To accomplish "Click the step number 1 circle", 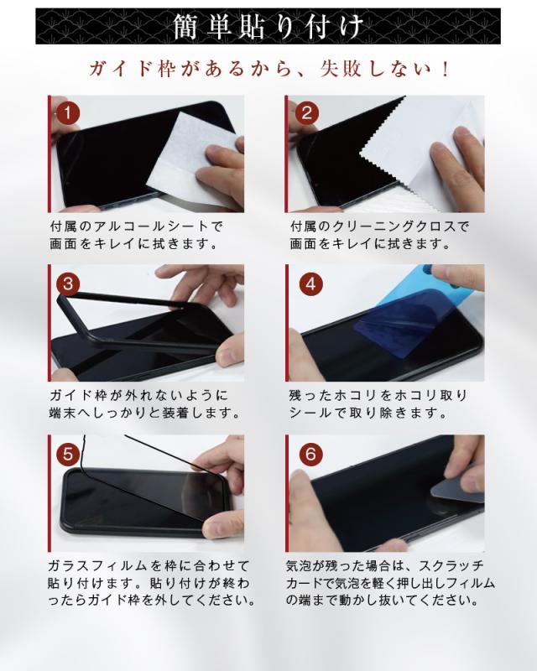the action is (67, 113).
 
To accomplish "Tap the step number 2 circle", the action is (306, 113).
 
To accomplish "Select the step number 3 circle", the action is (68, 283).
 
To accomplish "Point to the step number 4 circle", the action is (311, 283).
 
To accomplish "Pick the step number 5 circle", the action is (68, 454).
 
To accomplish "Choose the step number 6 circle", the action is (311, 454).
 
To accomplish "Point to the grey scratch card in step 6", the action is (457, 490).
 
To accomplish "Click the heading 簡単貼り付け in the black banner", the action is (268, 27).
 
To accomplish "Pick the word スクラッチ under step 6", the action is (451, 565).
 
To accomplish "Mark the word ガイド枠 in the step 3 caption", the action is (78, 395).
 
